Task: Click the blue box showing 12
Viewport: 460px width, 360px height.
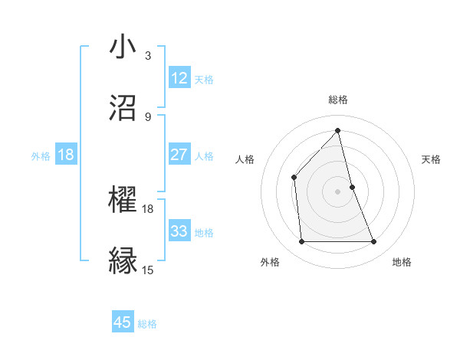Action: tap(179, 78)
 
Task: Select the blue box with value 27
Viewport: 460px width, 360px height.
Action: tap(179, 155)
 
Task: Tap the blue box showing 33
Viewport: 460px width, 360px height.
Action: tap(179, 231)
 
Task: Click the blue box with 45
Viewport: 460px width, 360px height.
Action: tap(123, 322)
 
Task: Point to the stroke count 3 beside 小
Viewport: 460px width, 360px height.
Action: tap(148, 55)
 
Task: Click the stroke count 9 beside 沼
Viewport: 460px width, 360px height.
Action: tap(148, 116)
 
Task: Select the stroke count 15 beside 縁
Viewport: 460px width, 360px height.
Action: tap(148, 270)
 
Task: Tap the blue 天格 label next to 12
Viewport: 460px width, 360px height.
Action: tap(204, 79)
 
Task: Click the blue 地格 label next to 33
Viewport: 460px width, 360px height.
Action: tap(204, 232)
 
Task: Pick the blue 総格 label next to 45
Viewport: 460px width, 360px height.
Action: tap(147, 323)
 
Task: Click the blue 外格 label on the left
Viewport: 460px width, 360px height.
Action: tap(41, 155)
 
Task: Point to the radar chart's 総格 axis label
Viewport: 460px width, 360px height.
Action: tap(338, 100)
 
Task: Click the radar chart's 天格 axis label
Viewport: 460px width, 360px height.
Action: tap(431, 159)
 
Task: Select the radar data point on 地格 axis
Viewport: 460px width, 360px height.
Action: tap(374, 242)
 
